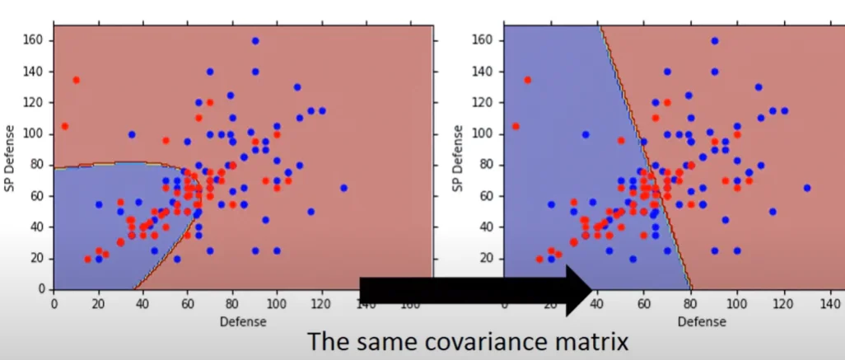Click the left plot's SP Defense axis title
tap(10, 157)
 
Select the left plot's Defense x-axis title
tap(242, 322)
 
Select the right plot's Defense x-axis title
tap(691, 322)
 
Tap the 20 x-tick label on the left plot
tap(98, 303)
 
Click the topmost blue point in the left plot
tap(255, 40)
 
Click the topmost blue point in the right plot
tap(715, 40)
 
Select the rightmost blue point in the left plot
tap(343, 188)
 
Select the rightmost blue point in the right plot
tap(807, 188)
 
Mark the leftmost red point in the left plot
tap(64, 126)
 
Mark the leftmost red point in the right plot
tap(516, 126)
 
